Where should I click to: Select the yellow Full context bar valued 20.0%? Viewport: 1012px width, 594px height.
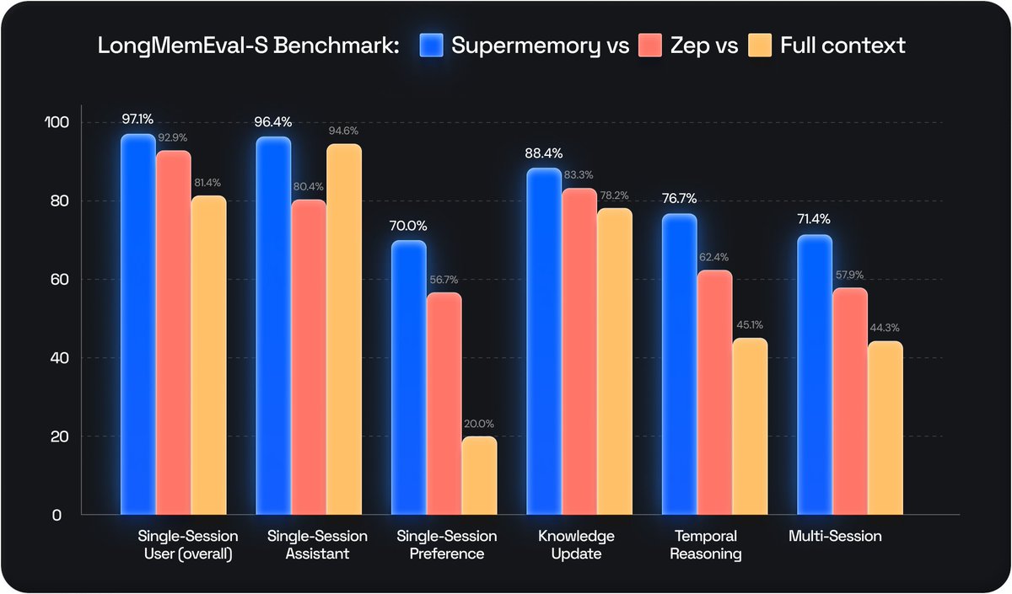click(479, 476)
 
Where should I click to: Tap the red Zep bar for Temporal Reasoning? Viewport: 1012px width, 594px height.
click(714, 393)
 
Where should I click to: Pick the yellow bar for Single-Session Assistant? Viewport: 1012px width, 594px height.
click(344, 329)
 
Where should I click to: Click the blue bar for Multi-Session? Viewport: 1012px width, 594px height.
click(815, 375)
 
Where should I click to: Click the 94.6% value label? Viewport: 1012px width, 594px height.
click(344, 131)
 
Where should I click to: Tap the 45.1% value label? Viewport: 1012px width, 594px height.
click(750, 325)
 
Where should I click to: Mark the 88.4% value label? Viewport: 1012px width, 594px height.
click(543, 153)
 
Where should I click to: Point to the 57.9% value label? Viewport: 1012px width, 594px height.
click(849, 275)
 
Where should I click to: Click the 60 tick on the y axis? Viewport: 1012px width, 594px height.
click(57, 280)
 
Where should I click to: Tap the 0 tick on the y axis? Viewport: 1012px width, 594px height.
click(57, 515)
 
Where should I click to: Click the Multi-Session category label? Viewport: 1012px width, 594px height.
click(836, 537)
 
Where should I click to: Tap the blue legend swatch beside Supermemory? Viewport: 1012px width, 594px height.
click(431, 45)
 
